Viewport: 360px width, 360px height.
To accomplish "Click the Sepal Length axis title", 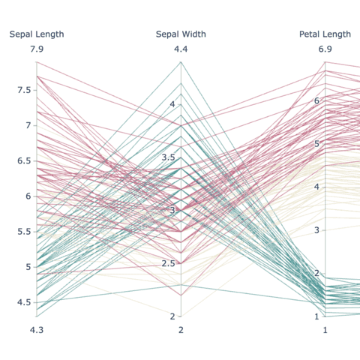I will tap(37, 34).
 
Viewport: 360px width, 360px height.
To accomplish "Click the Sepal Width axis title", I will tap(181, 34).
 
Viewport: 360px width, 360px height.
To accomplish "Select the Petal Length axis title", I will tap(325, 34).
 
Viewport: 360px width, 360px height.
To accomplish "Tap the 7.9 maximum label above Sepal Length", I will tap(37, 49).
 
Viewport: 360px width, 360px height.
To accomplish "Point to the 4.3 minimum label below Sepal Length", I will tap(37, 330).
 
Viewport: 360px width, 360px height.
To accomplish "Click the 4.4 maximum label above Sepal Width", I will tap(181, 49).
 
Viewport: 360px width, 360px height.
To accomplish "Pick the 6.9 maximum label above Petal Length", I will tap(325, 49).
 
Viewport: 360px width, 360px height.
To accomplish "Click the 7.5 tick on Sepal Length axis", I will tap(25, 90).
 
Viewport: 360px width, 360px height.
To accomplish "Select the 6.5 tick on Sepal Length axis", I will tap(25, 160).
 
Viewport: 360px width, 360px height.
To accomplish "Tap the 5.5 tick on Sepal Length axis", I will tap(25, 231).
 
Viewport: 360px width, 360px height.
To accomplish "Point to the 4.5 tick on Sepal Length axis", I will tap(25, 301).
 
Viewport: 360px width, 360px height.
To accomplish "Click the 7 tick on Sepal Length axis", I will tap(28, 125).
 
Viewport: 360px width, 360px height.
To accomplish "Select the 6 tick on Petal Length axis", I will tap(316, 100).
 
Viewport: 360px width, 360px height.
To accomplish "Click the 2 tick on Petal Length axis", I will tap(316, 273).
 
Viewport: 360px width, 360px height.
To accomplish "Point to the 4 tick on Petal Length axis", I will tap(316, 187).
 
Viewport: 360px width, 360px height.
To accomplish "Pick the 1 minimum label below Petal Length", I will tap(325, 330).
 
